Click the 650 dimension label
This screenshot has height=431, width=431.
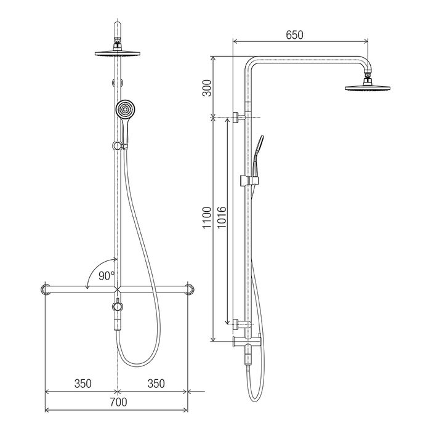click(x=294, y=35)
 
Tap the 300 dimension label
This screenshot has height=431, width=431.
click(x=207, y=88)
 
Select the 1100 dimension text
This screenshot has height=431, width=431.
click(x=207, y=217)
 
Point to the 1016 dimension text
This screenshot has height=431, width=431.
click(x=221, y=217)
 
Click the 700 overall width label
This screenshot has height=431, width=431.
click(x=118, y=402)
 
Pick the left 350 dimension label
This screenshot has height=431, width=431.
click(x=83, y=384)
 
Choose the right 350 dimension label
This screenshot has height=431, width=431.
click(x=156, y=384)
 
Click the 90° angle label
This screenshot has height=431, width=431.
click(x=107, y=276)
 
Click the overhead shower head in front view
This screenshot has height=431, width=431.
click(x=118, y=54)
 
